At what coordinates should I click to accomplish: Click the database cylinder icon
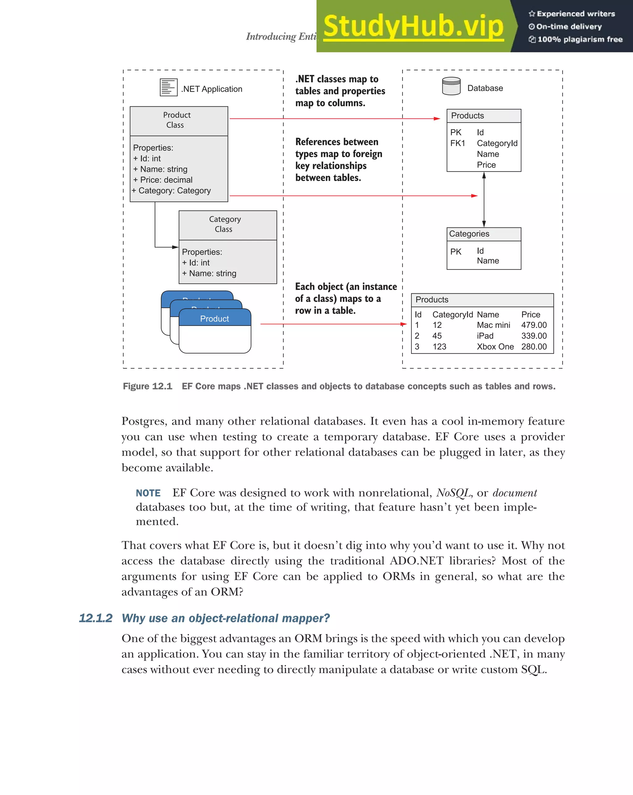tap(451, 86)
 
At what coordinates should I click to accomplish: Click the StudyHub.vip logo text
tap(413, 26)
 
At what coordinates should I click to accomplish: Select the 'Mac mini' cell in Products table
tap(493, 325)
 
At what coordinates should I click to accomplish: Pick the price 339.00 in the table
tap(533, 336)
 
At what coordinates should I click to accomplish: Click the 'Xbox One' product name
tap(495, 347)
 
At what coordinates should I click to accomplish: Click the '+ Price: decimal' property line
tap(163, 180)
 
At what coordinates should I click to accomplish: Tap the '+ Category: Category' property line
tap(171, 191)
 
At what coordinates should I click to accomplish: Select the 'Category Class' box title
tap(224, 224)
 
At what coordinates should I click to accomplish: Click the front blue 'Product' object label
tap(214, 319)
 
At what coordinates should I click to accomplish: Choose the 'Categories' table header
tap(469, 234)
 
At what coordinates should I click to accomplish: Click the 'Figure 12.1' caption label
tap(147, 386)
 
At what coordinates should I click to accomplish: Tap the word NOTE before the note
tap(148, 493)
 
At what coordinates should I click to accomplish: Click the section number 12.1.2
tap(96, 618)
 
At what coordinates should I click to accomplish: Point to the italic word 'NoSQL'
tap(453, 493)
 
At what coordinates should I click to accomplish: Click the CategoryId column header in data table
tap(452, 314)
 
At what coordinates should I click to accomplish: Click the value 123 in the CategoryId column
tap(439, 347)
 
